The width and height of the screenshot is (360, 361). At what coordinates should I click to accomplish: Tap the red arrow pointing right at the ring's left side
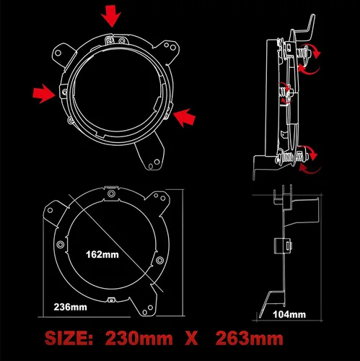43,91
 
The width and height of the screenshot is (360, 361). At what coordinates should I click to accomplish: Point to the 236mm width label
70,306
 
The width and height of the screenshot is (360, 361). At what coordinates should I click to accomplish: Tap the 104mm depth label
289,314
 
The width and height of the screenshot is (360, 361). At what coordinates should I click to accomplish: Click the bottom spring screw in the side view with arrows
299,153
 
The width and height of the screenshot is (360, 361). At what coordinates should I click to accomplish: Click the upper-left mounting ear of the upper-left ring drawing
63,53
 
